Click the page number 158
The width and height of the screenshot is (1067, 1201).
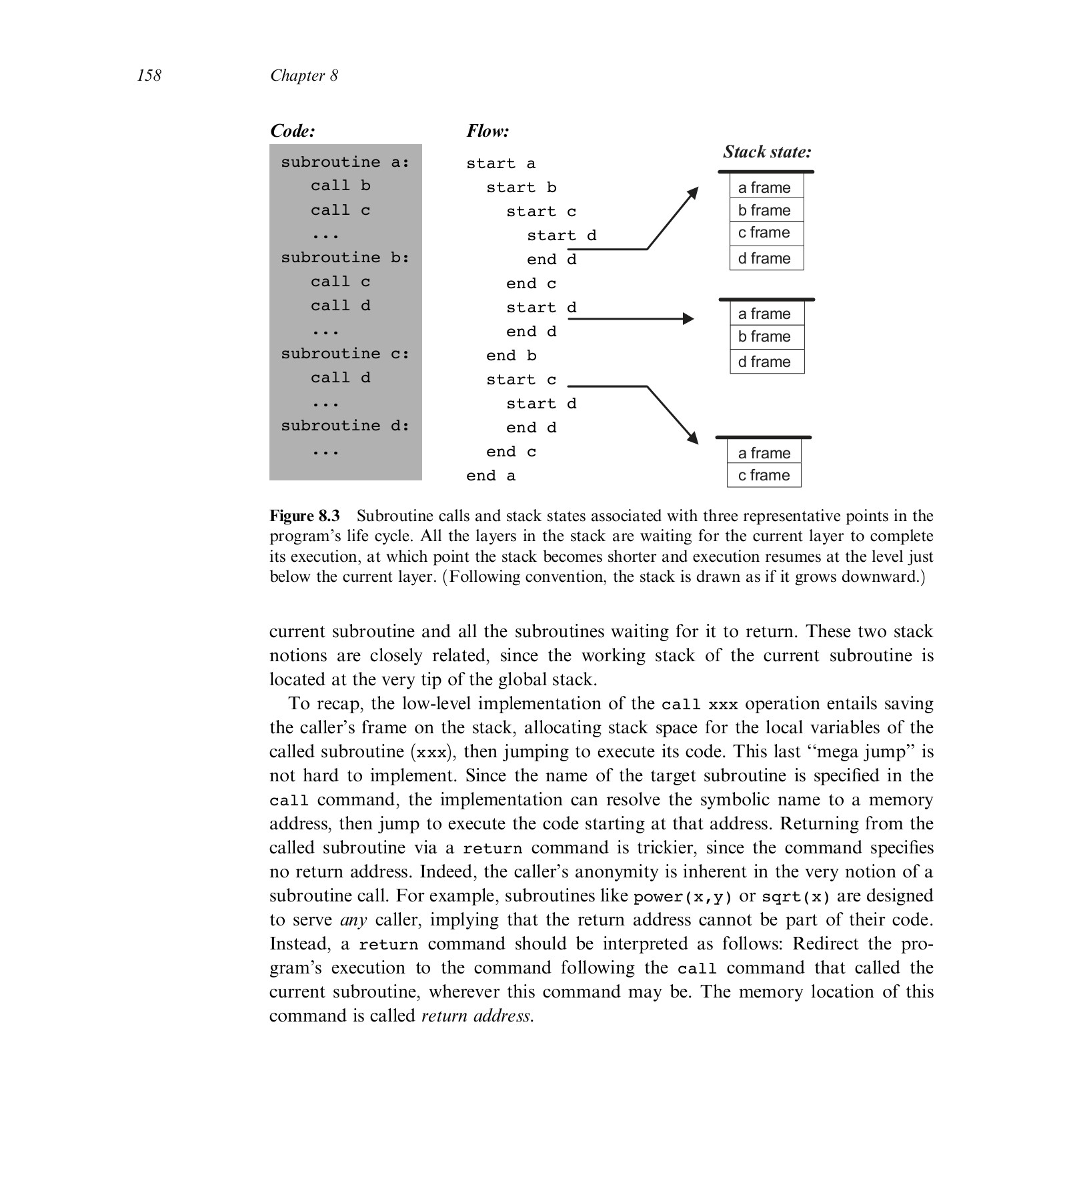[149, 75]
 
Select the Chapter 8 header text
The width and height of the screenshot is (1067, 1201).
[304, 75]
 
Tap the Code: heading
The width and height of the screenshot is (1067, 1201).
[292, 131]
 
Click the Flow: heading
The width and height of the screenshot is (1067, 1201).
[487, 131]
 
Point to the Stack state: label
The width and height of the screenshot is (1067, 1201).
[767, 152]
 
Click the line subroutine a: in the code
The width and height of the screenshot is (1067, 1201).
[345, 162]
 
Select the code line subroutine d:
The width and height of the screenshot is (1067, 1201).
[345, 426]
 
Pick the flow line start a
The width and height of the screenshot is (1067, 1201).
[500, 164]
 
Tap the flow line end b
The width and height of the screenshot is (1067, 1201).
[511, 356]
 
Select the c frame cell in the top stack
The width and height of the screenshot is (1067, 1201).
[766, 233]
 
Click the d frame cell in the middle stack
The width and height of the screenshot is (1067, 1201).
[766, 362]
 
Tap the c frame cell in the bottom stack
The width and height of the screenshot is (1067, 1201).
[764, 475]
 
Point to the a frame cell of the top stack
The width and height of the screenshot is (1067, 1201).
[766, 187]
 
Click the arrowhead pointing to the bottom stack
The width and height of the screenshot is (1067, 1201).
[693, 438]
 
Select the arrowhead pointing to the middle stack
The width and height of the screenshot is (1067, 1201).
[689, 319]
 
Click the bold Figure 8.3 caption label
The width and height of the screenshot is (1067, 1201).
[304, 516]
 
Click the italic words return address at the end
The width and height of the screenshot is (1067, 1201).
[477, 1016]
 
